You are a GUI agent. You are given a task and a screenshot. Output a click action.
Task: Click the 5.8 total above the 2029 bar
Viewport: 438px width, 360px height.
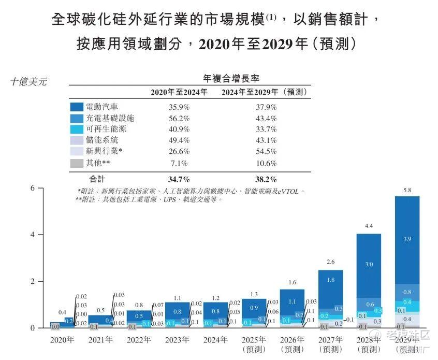[407, 191]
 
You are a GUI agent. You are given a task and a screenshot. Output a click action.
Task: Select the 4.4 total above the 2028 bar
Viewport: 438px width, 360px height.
[368, 226]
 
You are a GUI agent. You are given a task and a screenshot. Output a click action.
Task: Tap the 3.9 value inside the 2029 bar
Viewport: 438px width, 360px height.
[407, 239]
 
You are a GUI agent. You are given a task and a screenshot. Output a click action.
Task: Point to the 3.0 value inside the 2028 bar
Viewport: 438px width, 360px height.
[368, 264]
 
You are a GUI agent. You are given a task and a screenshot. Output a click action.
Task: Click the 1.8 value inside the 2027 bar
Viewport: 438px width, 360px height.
[330, 280]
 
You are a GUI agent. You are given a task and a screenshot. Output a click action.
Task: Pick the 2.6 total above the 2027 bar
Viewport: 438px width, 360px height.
[330, 262]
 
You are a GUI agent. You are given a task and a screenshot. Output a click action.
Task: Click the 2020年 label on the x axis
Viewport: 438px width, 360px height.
[62, 340]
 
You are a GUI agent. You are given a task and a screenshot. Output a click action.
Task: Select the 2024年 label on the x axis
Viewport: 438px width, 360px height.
[215, 340]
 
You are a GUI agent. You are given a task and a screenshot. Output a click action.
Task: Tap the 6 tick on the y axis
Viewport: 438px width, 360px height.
[32, 188]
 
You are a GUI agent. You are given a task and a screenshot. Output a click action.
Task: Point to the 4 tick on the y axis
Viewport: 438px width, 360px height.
[32, 235]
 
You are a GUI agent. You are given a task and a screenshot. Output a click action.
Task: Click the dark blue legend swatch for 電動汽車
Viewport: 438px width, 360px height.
[77, 107]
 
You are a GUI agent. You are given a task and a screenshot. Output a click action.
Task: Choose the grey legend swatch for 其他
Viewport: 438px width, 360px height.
[77, 163]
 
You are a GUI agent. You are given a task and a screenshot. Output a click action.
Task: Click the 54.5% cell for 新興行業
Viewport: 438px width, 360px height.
[266, 152]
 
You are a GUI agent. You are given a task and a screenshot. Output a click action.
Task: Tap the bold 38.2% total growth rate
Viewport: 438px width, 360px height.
[266, 179]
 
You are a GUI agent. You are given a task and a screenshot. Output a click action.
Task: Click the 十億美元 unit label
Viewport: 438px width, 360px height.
[29, 81]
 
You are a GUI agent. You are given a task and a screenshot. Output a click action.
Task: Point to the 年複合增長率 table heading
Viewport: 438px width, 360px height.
[231, 78]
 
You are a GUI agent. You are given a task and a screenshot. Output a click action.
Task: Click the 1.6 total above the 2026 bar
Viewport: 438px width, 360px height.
[292, 282]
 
